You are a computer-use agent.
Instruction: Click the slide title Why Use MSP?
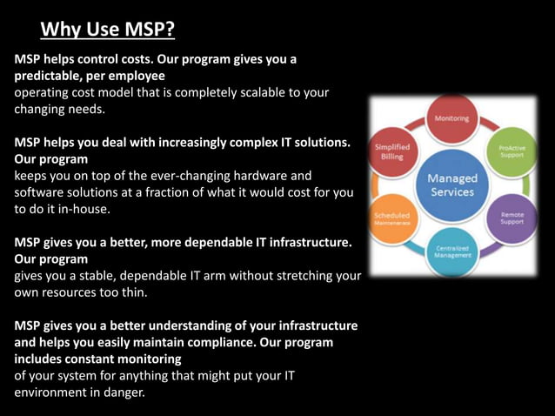click(x=108, y=30)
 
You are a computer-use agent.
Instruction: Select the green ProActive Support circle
click(x=511, y=151)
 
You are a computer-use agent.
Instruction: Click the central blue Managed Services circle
click(x=451, y=185)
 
